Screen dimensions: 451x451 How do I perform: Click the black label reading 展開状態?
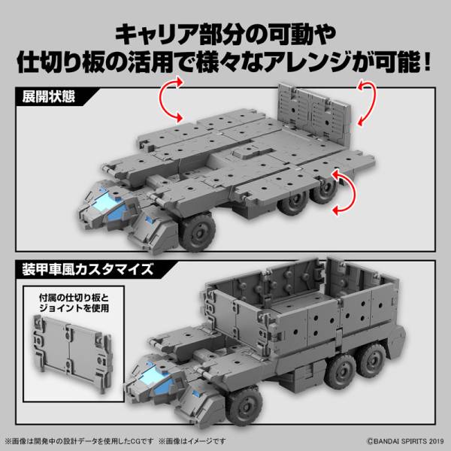point(46,95)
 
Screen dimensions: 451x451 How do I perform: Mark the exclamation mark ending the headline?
point(427,59)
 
